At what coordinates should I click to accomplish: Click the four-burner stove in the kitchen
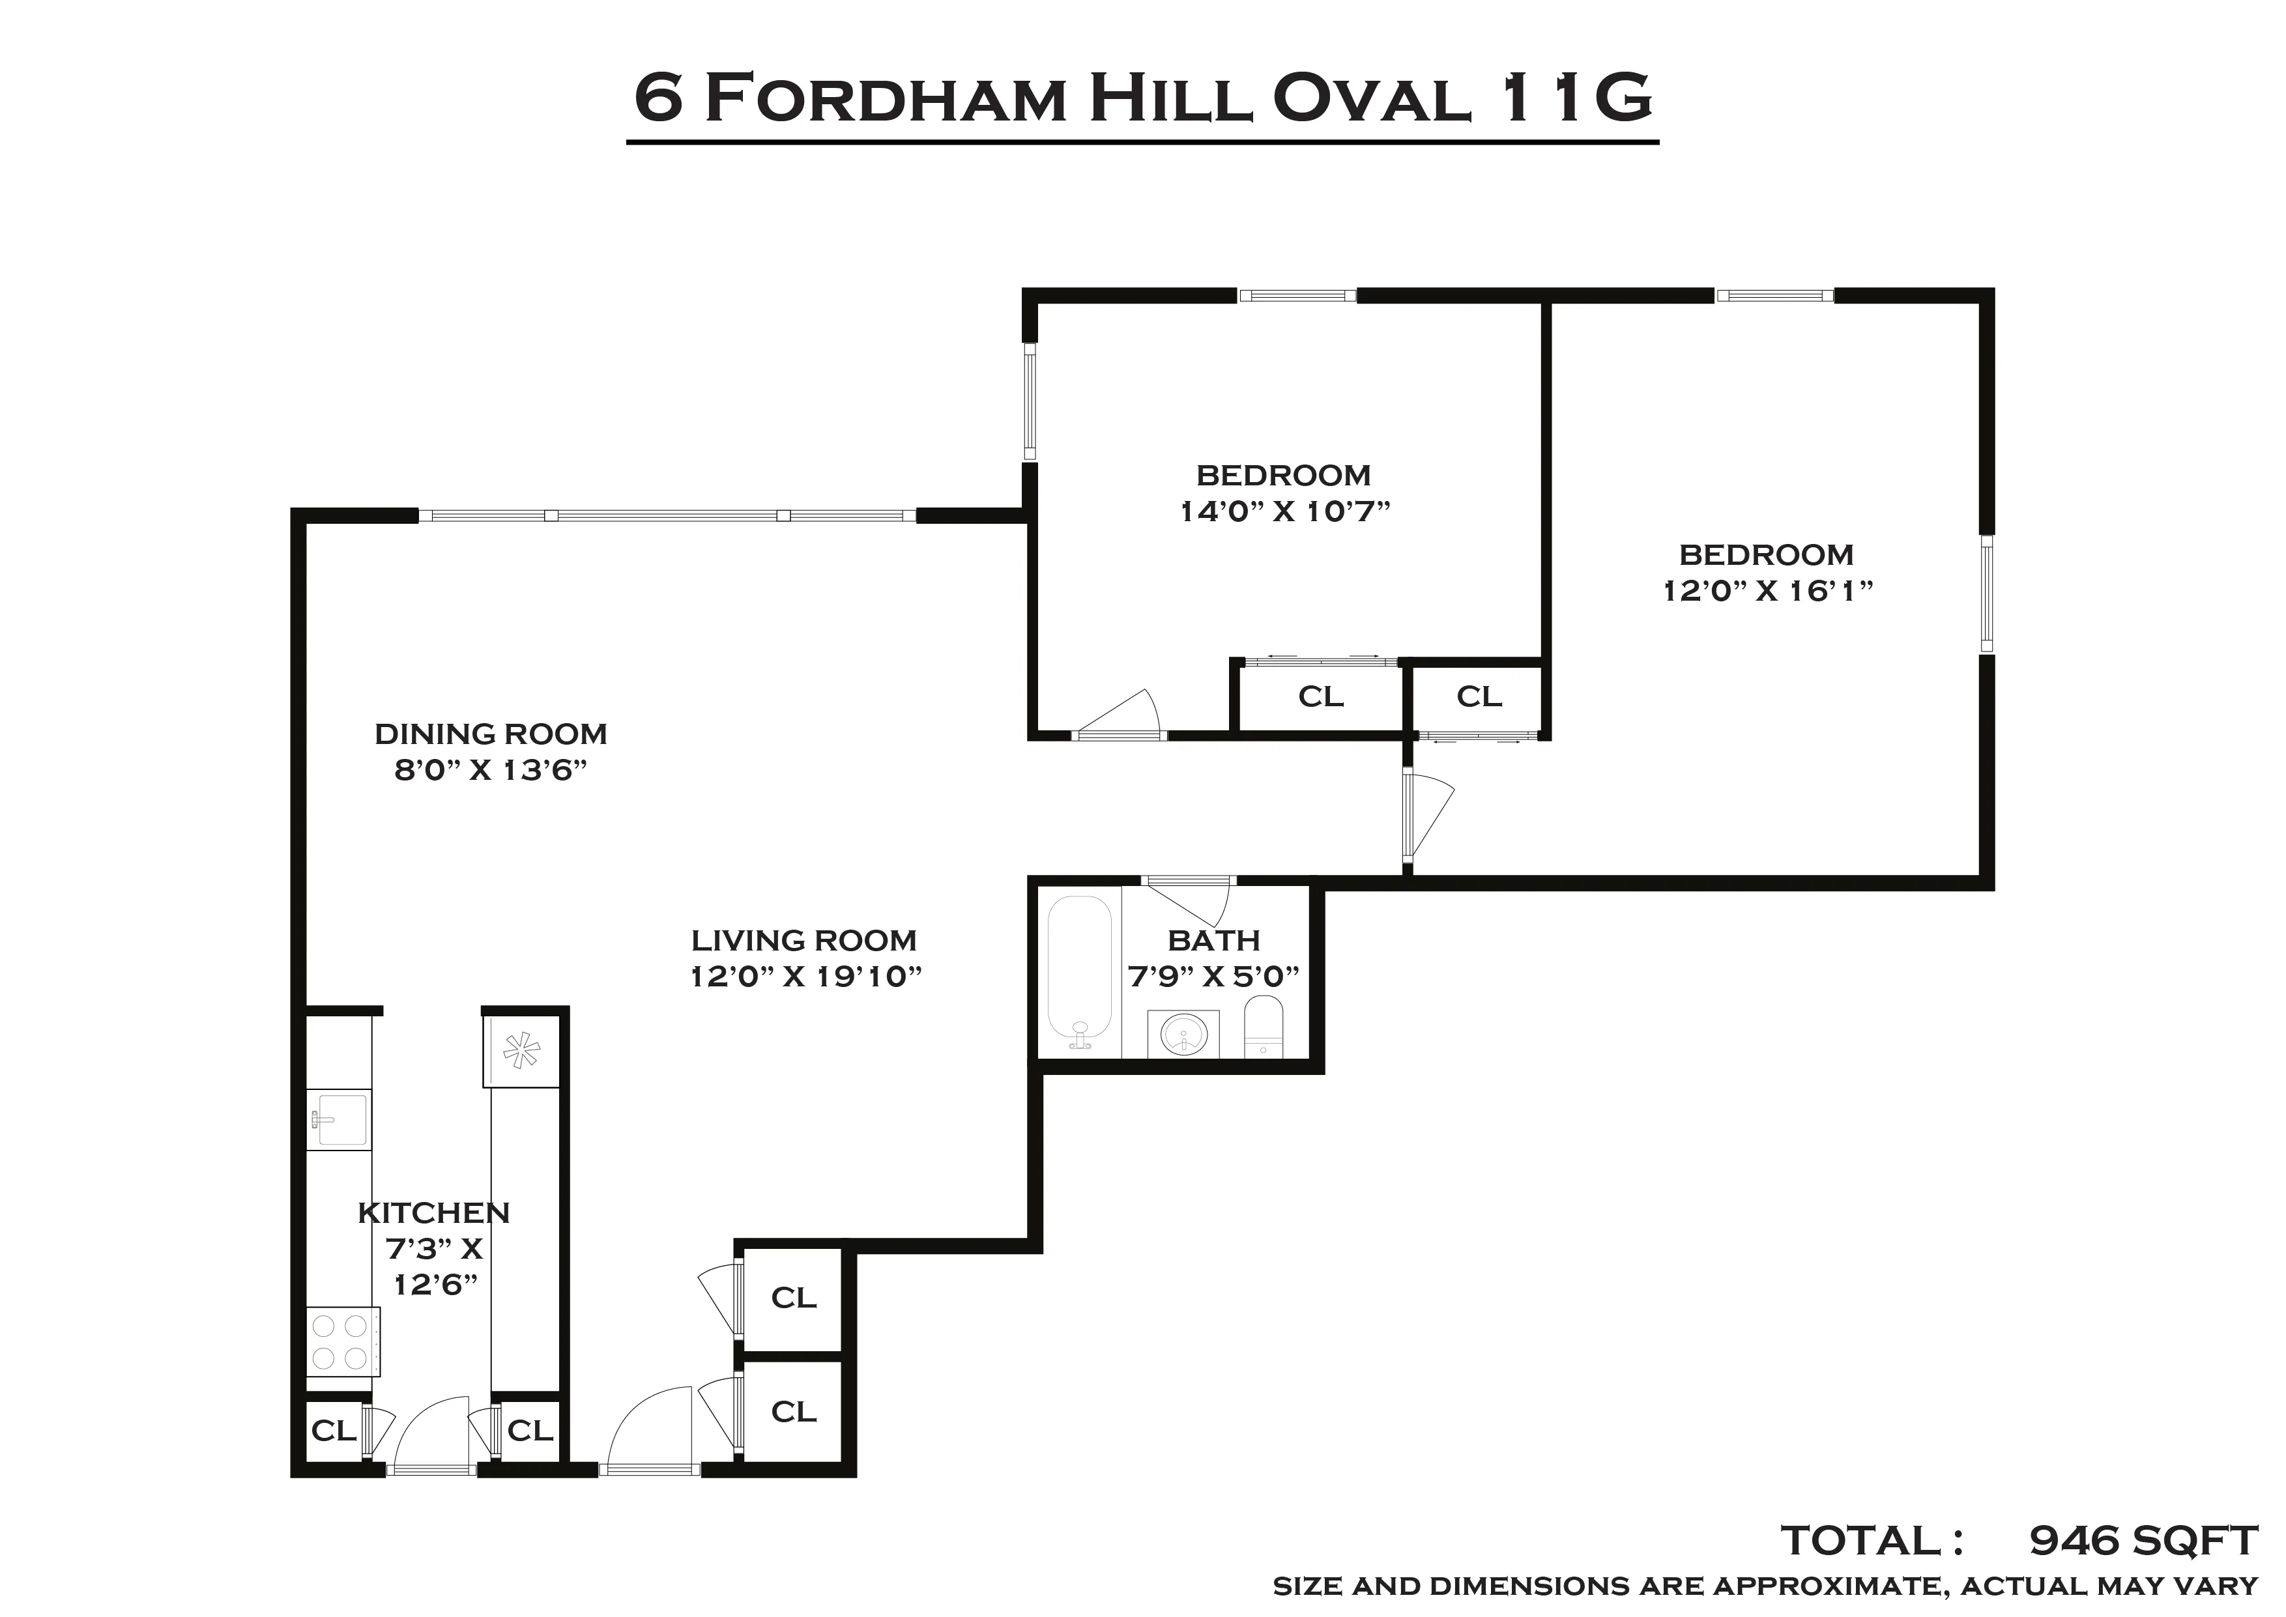[341, 1341]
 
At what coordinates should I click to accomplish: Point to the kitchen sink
[338, 1120]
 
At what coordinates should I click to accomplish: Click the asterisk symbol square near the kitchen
[521, 1050]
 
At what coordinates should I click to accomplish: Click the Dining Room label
[490, 734]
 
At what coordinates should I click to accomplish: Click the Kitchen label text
[433, 1213]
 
